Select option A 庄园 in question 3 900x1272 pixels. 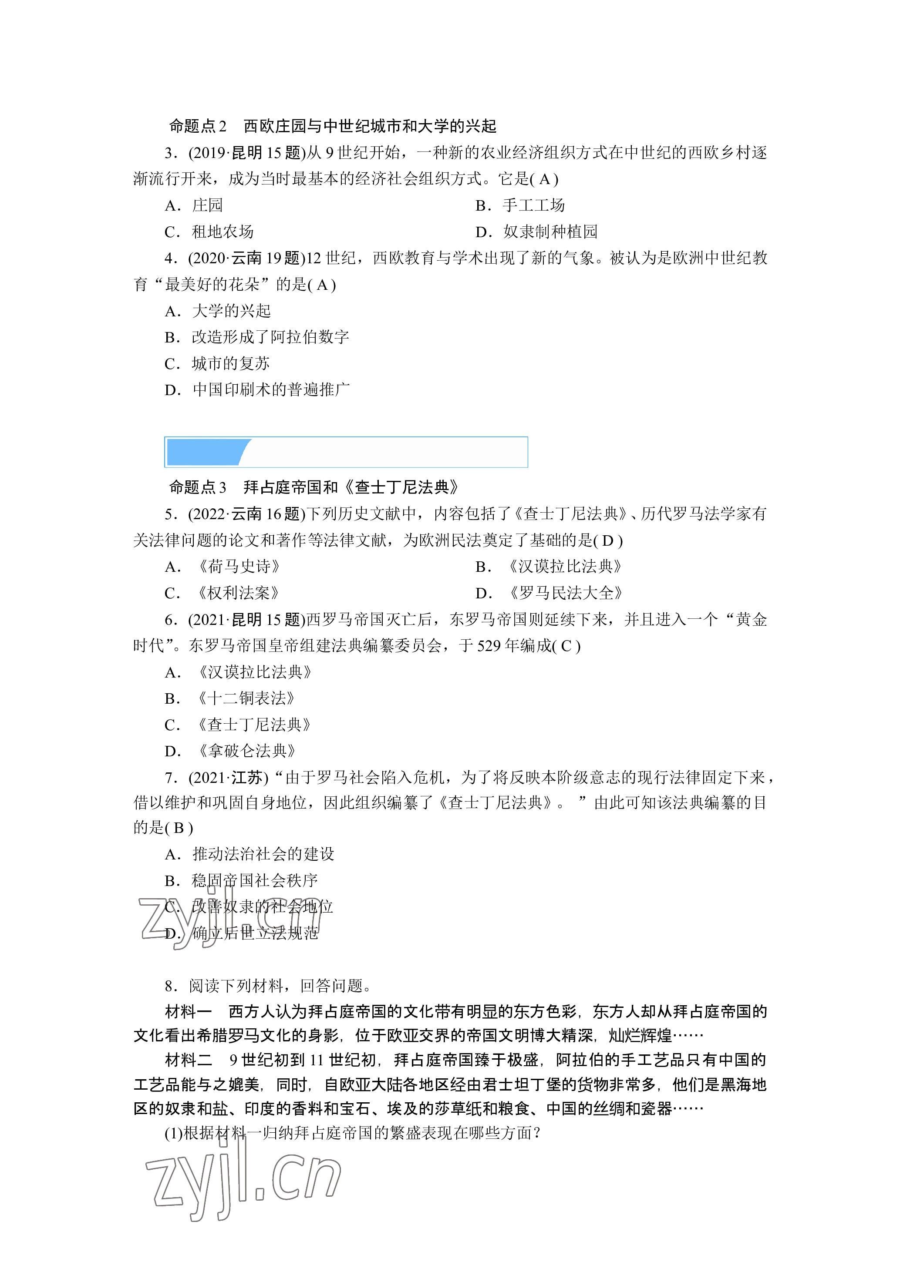click(x=194, y=205)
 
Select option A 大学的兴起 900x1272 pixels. click(x=218, y=311)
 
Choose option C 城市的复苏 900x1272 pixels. click(x=217, y=363)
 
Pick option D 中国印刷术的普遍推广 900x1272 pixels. click(x=257, y=389)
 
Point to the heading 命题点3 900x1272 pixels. click(x=198, y=487)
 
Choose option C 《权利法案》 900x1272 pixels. click(x=223, y=593)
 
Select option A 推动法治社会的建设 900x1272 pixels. click(x=249, y=854)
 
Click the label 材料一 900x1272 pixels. click(x=189, y=1012)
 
